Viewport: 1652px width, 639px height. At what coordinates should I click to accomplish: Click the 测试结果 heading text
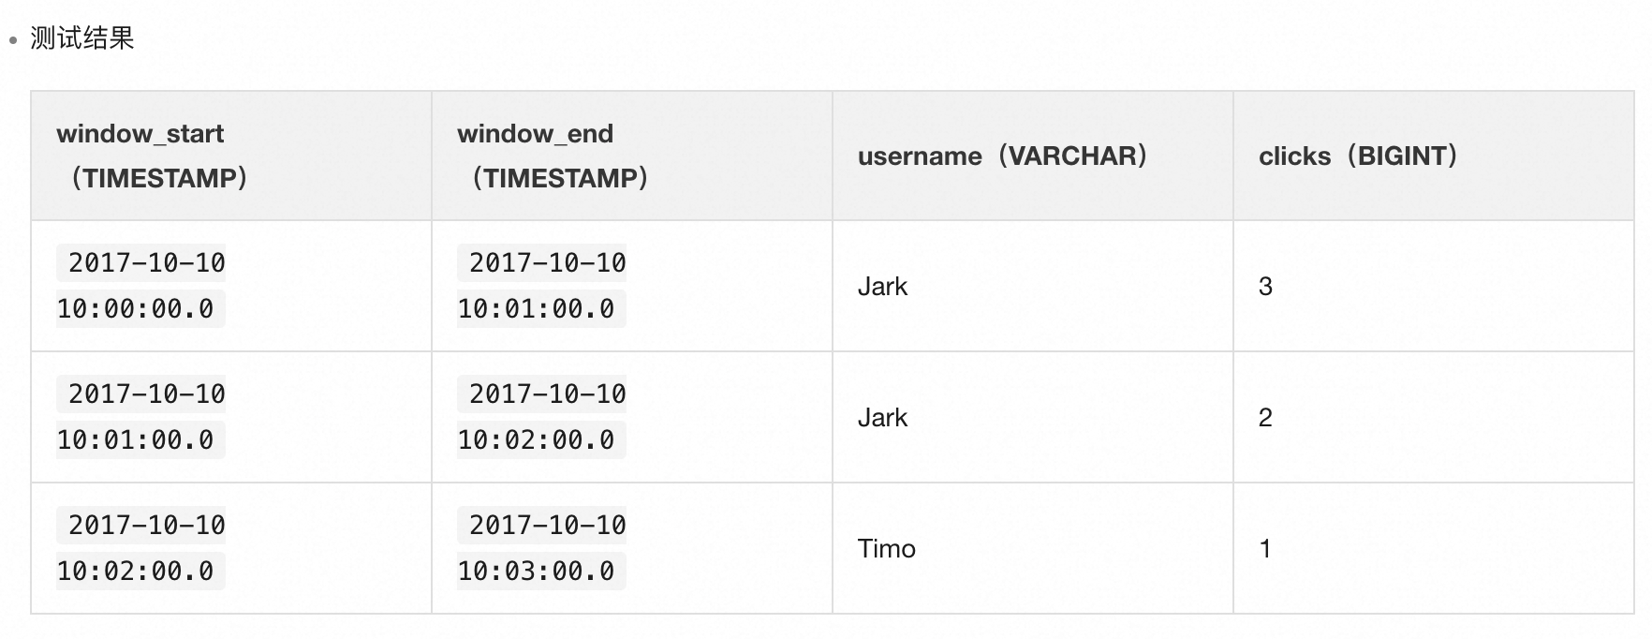(82, 38)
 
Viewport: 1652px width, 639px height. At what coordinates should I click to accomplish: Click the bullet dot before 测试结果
(13, 40)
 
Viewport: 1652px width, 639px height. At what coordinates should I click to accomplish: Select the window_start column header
(140, 134)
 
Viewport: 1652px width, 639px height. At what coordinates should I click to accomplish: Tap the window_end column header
(536, 134)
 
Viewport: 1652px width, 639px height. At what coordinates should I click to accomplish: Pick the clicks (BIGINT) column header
(1358, 156)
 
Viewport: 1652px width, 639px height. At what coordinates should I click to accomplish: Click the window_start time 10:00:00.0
(136, 309)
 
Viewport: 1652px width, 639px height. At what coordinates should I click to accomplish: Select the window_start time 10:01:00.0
(136, 440)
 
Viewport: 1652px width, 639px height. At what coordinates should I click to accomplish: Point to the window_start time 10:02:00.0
(136, 572)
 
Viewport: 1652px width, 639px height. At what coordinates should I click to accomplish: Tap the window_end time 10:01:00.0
(537, 309)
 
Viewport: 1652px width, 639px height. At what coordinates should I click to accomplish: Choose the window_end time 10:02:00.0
(537, 440)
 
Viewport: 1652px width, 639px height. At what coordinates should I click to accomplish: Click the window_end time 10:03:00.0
(537, 572)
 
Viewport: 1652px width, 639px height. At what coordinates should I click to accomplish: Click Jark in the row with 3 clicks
(882, 287)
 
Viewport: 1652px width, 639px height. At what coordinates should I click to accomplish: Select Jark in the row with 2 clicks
(882, 418)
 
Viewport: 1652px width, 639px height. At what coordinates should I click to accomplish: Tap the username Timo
(886, 549)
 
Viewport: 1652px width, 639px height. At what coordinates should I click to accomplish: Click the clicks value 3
(1265, 287)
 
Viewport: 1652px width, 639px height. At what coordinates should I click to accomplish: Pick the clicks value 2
(1265, 418)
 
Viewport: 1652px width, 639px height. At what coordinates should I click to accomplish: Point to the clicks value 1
(1265, 549)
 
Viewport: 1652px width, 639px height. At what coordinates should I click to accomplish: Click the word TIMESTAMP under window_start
(159, 178)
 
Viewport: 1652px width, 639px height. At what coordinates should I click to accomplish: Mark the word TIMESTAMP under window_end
(560, 178)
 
